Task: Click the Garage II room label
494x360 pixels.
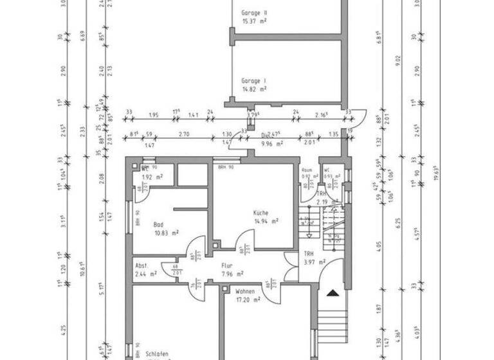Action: (254, 13)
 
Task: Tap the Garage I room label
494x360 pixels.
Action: (253, 81)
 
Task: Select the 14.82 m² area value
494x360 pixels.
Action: (254, 90)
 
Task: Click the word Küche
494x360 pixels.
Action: (261, 213)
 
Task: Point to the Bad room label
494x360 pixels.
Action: (158, 224)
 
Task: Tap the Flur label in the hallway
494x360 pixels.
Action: (227, 265)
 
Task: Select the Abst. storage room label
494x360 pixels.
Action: (142, 265)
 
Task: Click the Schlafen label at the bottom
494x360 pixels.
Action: (156, 354)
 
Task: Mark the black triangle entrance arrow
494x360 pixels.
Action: (332, 294)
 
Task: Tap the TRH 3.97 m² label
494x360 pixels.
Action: (315, 258)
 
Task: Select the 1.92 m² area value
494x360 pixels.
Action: (152, 176)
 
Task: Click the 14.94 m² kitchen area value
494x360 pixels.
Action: (266, 221)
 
